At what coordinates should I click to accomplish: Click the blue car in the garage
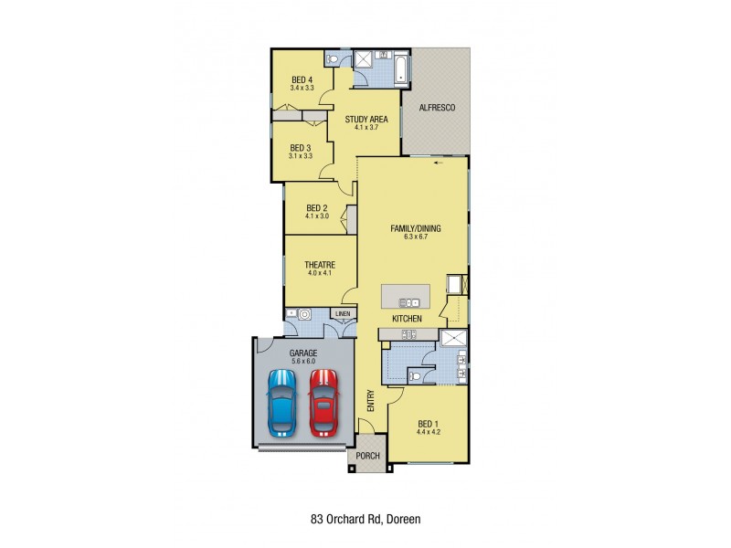[281, 402]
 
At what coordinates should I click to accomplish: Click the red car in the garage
[323, 402]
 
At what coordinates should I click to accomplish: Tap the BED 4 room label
[302, 79]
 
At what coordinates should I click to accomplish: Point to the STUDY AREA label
[365, 119]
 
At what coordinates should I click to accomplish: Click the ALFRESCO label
[437, 108]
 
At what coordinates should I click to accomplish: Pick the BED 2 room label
[316, 207]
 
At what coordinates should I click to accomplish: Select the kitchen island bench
[405, 296]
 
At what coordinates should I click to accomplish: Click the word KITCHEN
[407, 318]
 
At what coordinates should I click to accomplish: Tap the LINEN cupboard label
[343, 314]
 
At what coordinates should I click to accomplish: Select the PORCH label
[367, 457]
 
